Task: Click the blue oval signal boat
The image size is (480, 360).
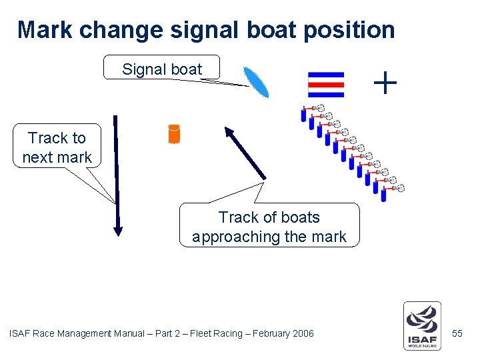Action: tap(256, 83)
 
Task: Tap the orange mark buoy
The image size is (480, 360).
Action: tap(174, 134)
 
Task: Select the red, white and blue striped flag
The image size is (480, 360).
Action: tap(326, 85)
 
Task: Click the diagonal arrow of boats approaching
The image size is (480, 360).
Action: tap(245, 153)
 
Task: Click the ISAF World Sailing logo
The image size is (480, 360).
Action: tap(421, 325)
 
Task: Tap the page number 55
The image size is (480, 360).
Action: tap(457, 333)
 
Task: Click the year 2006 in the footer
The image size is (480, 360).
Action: tap(302, 333)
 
